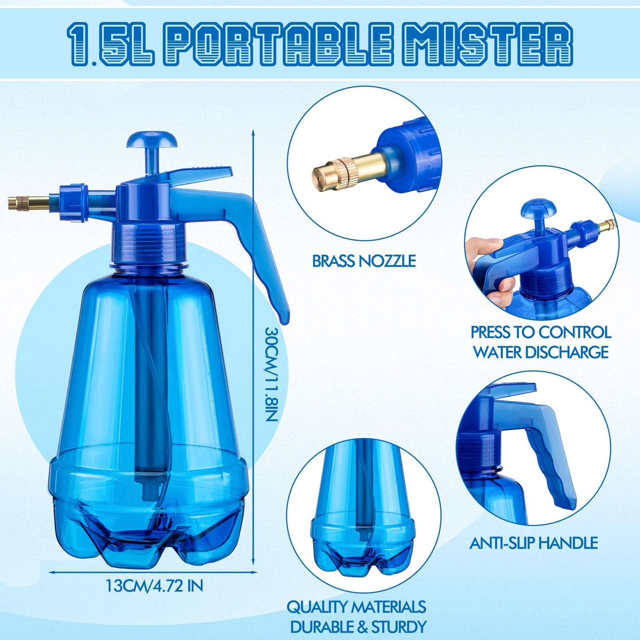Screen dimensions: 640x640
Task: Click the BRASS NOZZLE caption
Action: click(x=364, y=261)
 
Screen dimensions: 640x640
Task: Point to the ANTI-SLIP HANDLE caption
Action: click(x=533, y=543)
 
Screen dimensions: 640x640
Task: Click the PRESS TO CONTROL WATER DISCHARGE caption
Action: click(x=541, y=342)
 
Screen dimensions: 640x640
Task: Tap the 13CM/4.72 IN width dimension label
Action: click(x=154, y=595)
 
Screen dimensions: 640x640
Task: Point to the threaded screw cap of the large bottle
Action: click(x=147, y=242)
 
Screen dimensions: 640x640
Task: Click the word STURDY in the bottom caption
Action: click(x=406, y=626)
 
